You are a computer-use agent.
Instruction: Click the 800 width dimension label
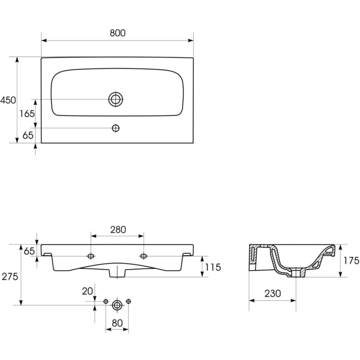pos(117,33)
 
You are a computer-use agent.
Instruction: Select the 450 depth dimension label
pos(8,100)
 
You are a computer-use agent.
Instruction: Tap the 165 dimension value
pos(27,114)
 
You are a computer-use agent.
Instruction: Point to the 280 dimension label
pos(118,230)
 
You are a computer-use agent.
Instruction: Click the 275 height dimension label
pos(10,277)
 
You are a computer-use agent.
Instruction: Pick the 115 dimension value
pos(213,267)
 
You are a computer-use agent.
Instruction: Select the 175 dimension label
pos(351,260)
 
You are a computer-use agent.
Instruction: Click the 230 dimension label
pos(272,293)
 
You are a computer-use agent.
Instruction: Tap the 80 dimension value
pos(117,323)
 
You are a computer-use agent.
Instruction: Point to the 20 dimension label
pos(88,291)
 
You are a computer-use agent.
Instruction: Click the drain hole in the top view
pos(116,99)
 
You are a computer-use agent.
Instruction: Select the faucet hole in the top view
pos(116,128)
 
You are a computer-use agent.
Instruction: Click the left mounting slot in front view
pos(91,256)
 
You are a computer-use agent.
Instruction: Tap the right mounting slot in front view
pos(144,256)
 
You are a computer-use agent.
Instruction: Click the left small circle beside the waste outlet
pos(106,301)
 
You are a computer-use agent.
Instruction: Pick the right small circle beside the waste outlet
pos(129,301)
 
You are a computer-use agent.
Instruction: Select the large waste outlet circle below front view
pos(117,305)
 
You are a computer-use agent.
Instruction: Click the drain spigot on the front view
pos(117,272)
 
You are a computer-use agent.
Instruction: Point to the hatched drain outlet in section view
pos(296,272)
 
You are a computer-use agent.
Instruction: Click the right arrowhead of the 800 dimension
pos(190,40)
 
